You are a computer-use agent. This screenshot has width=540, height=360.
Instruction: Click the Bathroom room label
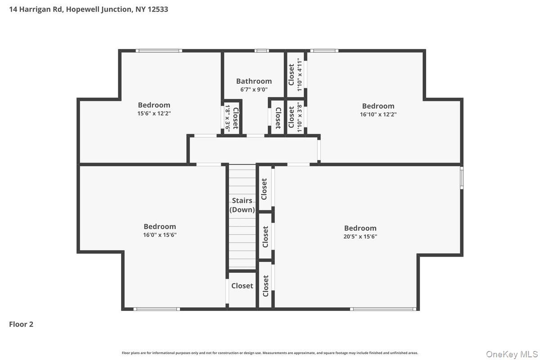[x=254, y=81]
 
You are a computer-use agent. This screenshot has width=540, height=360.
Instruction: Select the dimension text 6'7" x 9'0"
[x=254, y=90]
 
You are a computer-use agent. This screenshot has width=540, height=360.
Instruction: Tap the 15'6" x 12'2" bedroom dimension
[x=154, y=113]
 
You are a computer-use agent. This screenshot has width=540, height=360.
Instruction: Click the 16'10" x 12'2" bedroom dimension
[x=378, y=114]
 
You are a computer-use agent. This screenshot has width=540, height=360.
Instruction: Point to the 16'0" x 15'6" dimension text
[x=160, y=235]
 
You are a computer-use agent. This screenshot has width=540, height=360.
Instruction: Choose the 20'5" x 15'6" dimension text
[x=360, y=236]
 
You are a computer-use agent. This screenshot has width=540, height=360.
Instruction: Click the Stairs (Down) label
[x=242, y=205]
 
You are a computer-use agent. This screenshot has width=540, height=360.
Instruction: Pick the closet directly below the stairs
[x=242, y=286]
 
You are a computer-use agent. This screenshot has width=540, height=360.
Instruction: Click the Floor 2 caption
[x=21, y=324]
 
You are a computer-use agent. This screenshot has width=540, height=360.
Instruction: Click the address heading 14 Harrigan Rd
[x=89, y=9]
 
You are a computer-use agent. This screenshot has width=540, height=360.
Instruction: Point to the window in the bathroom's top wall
[x=261, y=51]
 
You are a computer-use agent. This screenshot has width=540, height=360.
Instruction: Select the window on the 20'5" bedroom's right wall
[x=461, y=178]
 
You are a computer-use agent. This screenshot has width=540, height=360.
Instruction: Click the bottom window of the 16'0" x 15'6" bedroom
[x=157, y=309]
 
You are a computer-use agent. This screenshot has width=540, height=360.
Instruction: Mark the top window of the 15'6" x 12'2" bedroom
[x=160, y=51]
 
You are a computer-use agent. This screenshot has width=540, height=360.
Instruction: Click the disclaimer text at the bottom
[x=270, y=353]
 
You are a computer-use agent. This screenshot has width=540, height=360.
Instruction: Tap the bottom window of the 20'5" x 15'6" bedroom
[x=383, y=309]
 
